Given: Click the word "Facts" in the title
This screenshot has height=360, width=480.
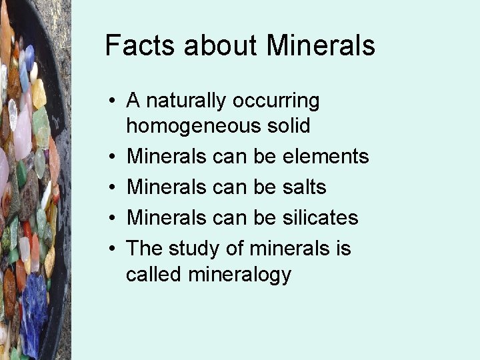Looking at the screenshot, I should click(x=141, y=46).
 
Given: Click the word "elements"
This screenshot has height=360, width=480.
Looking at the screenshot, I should click(x=326, y=157).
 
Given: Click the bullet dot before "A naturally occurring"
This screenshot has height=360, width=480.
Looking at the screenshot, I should click(x=115, y=102).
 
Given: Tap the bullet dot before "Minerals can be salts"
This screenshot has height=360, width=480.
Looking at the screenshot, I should click(x=115, y=188).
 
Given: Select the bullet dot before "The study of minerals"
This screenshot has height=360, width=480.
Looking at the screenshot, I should click(x=115, y=249).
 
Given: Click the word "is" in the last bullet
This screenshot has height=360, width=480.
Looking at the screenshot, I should click(x=343, y=249).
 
